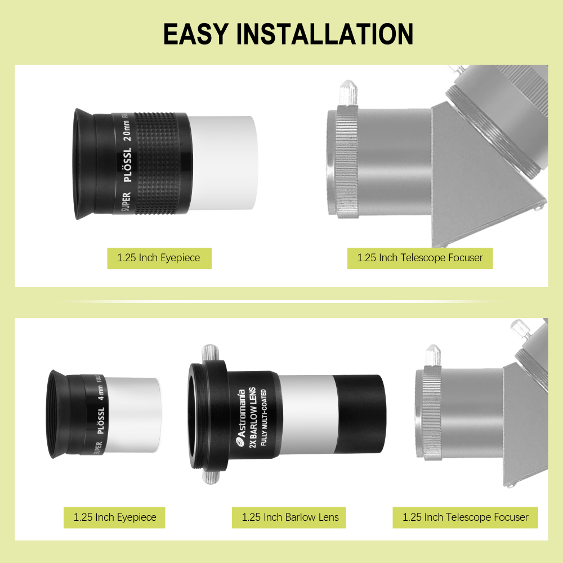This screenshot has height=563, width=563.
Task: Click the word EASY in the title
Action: [x=195, y=34]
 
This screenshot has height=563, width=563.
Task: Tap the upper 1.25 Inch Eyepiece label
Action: [x=159, y=258]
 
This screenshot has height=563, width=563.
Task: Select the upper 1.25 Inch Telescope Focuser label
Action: [x=420, y=258]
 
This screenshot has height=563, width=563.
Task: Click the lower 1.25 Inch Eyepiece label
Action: [x=115, y=517]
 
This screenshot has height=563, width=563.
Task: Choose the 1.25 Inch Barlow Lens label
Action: [x=290, y=517]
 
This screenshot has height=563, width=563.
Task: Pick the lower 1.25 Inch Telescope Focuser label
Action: [x=465, y=517]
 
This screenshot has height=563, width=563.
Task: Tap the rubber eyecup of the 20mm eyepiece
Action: [x=83, y=163]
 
